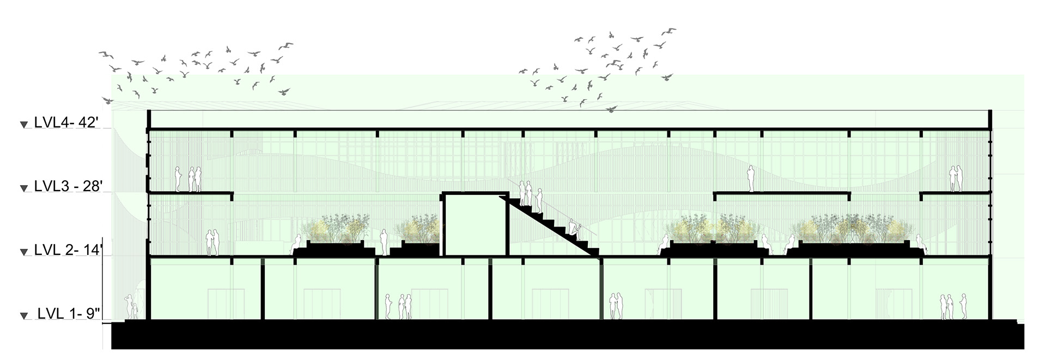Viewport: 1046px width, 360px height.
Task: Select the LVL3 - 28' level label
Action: pos(68,186)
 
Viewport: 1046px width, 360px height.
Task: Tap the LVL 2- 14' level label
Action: pos(69,250)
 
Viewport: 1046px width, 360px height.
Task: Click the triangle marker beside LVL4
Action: pos(23,125)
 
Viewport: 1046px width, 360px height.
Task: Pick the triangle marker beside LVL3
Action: pos(23,188)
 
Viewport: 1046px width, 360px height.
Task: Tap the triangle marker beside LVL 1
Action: pos(23,316)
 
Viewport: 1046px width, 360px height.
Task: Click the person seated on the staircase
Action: pos(574,225)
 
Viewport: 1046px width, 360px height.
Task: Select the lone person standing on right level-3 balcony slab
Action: pos(750,179)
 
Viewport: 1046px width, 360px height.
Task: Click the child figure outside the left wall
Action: pos(133,311)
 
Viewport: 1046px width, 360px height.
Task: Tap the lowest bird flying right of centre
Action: pos(611,109)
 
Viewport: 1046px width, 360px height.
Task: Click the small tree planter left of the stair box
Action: pos(417,240)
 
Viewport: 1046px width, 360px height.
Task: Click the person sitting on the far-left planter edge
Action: pos(297,243)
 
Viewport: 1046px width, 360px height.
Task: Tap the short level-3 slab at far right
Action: pos(955,193)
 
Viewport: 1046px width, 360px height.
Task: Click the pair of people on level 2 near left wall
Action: pos(212,242)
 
